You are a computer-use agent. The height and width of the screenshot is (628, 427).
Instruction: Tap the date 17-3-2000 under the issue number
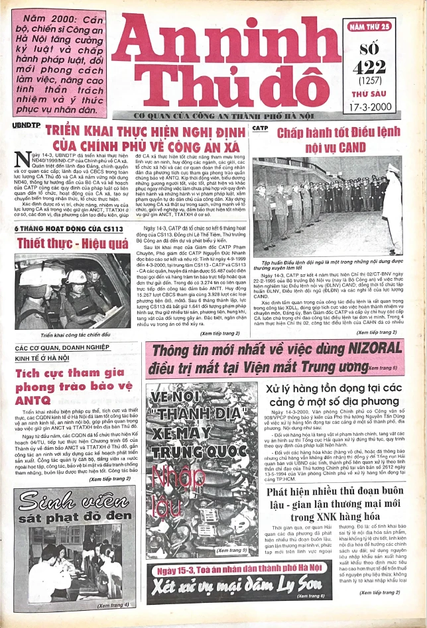point(380,105)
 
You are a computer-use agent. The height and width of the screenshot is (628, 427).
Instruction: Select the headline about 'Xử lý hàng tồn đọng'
point(341,395)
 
